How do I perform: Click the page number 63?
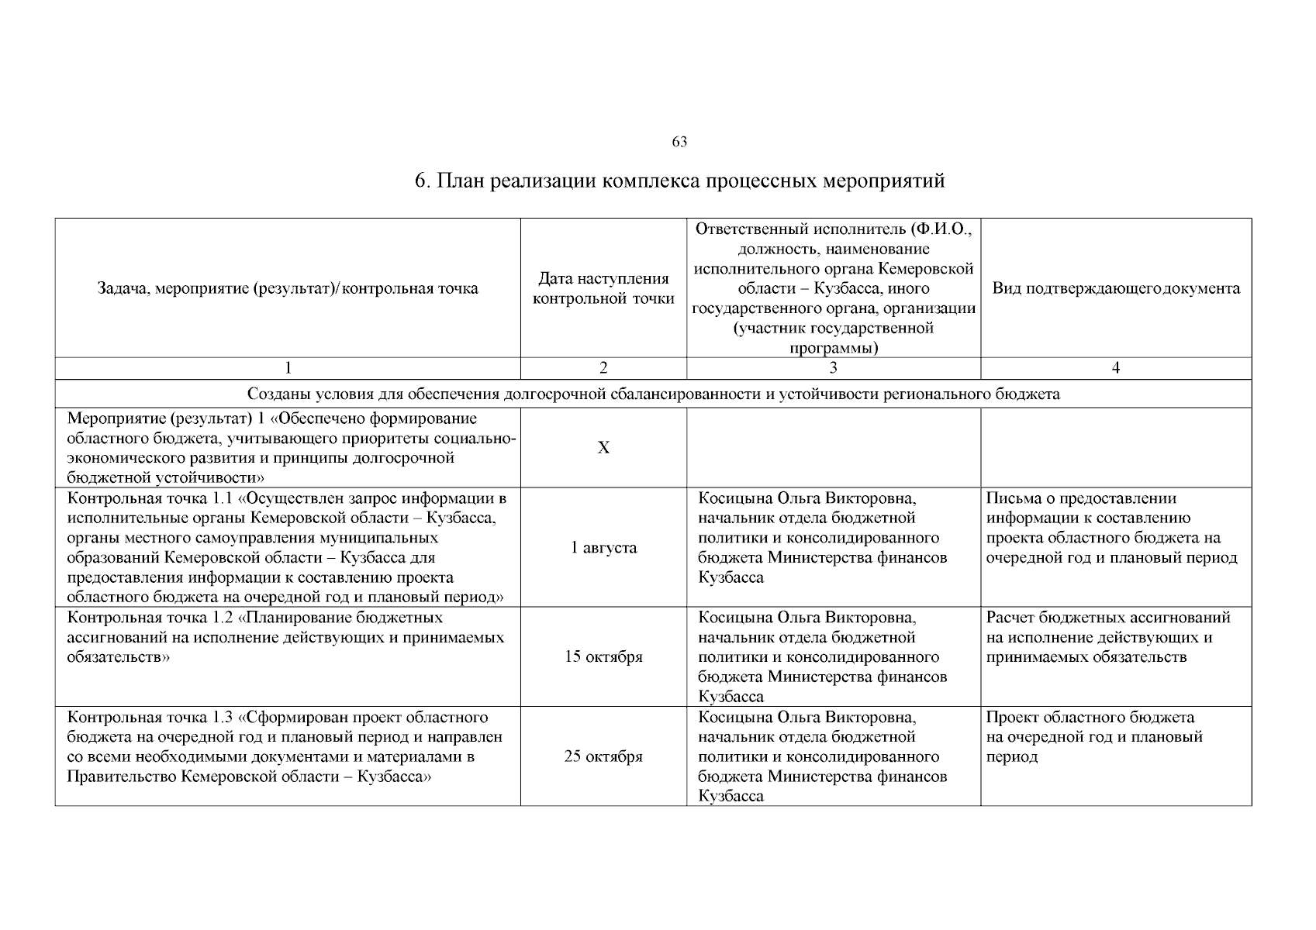(679, 142)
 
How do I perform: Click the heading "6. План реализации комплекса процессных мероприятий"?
(679, 181)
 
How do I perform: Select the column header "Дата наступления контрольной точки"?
(603, 288)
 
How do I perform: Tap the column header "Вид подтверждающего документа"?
(1116, 288)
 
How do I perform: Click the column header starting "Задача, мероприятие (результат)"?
(288, 288)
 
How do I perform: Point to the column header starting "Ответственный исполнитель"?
(834, 288)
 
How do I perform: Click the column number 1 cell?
(288, 368)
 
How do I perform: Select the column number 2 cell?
(603, 368)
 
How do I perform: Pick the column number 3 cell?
(834, 368)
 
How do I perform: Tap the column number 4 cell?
(1116, 368)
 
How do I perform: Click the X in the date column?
(603, 448)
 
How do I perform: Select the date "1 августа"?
(603, 548)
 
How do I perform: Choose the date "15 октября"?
(603, 657)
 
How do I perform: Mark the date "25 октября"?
(603, 756)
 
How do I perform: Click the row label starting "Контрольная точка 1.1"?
(288, 547)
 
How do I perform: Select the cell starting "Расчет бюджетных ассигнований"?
(1108, 638)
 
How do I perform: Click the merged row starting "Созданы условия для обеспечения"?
(653, 394)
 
